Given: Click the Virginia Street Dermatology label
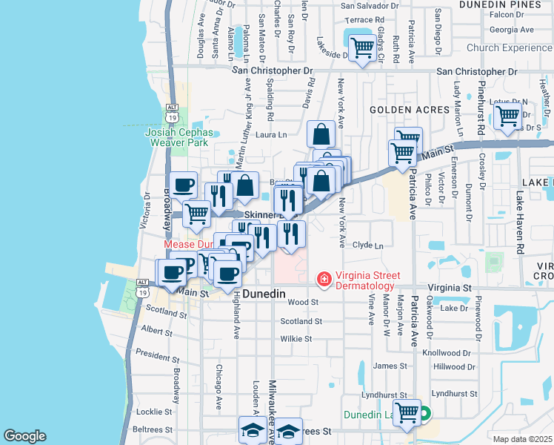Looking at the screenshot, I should pyautogui.click(x=365, y=280).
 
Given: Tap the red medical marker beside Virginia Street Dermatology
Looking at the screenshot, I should pyautogui.click(x=324, y=280).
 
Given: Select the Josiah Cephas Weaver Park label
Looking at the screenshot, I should pyautogui.click(x=179, y=137).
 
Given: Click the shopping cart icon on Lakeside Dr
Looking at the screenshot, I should pyautogui.click(x=361, y=48).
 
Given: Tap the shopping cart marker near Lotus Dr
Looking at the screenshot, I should pyautogui.click(x=508, y=116).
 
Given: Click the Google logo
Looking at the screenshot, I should pyautogui.click(x=24, y=436).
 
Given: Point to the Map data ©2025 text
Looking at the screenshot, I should pyautogui.click(x=522, y=439).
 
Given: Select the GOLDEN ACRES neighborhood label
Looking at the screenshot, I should pyautogui.click(x=410, y=110).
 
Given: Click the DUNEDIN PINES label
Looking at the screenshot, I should pyautogui.click(x=500, y=4).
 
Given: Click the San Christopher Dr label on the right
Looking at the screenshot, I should pyautogui.click(x=476, y=72).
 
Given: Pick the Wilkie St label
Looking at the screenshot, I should pyautogui.click(x=296, y=339).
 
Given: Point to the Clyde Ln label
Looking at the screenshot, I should pyautogui.click(x=368, y=245).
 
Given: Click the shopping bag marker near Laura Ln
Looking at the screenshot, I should pyautogui.click(x=321, y=135).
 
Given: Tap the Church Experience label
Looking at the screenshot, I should pyautogui.click(x=510, y=47).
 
